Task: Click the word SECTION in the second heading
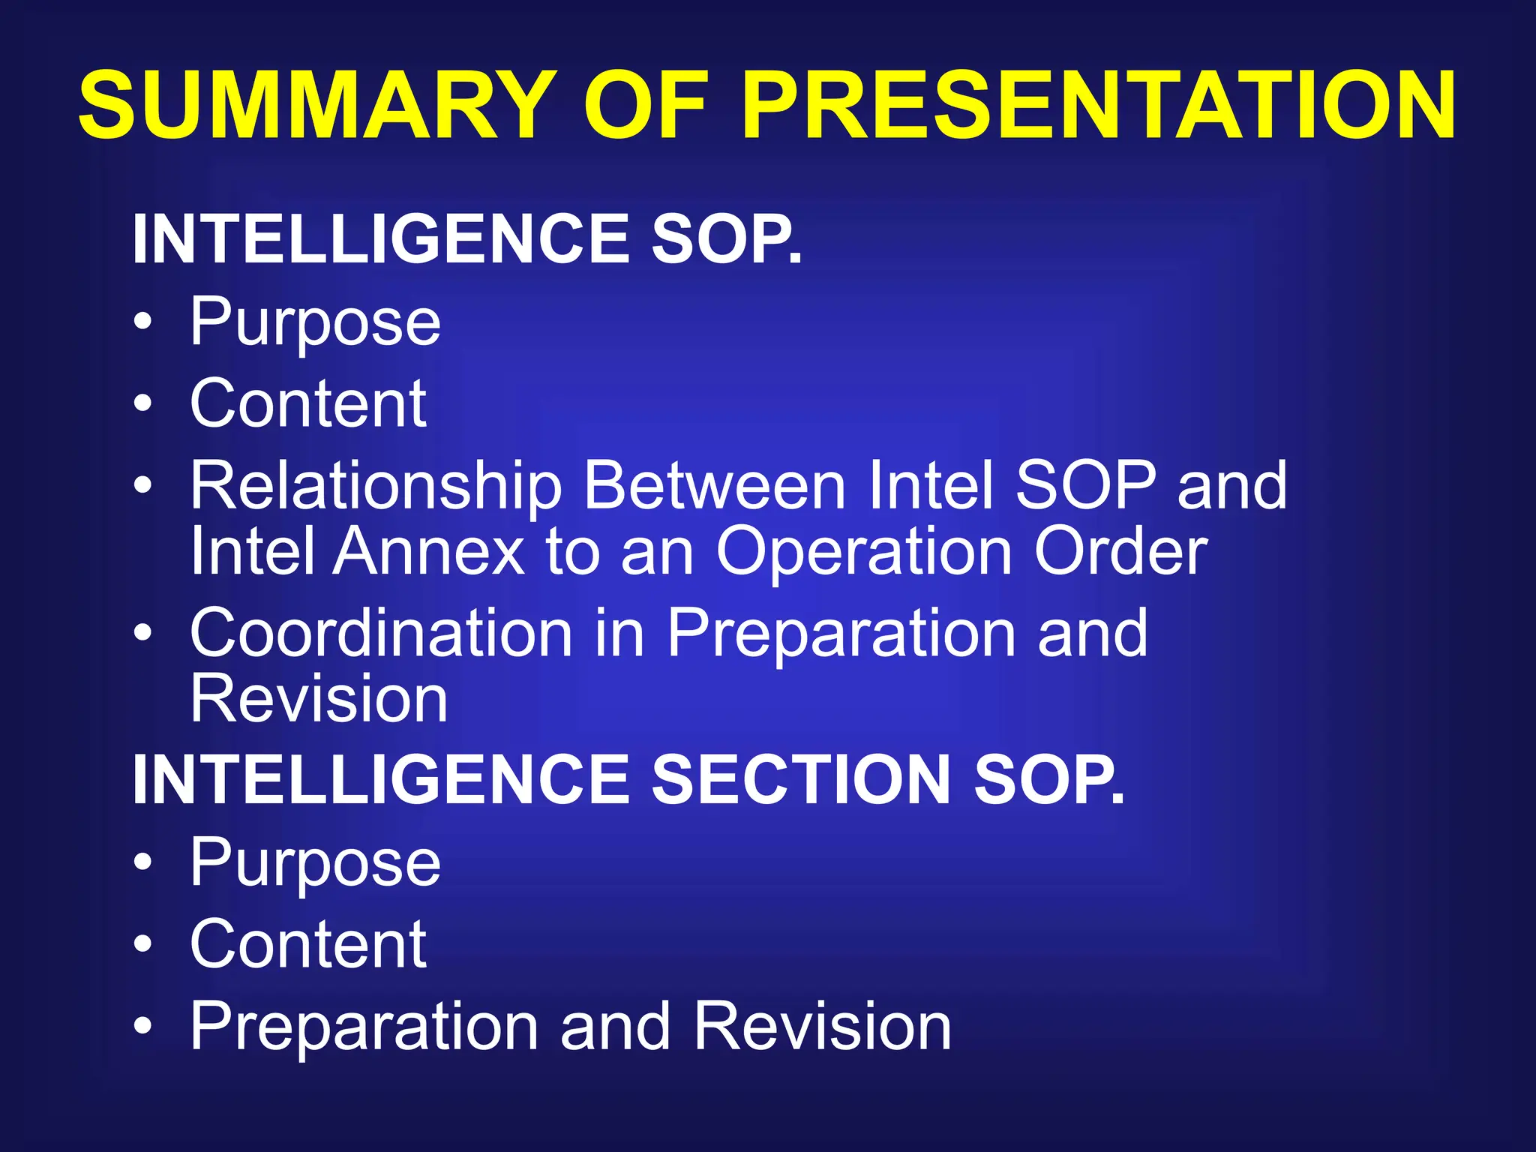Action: (802, 780)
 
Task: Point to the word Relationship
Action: (376, 487)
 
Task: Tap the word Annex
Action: (428, 552)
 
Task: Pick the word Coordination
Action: (382, 634)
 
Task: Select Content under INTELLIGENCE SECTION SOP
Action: (308, 945)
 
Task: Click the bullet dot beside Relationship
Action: (142, 485)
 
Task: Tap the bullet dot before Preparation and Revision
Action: (142, 1025)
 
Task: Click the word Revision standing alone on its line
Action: (319, 699)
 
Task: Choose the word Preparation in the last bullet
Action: (364, 1027)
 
